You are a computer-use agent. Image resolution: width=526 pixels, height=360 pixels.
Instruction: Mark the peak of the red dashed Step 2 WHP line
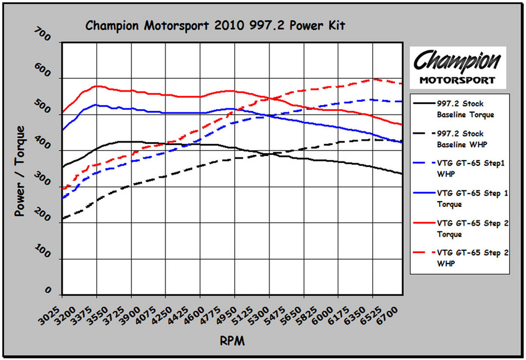[372, 79]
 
